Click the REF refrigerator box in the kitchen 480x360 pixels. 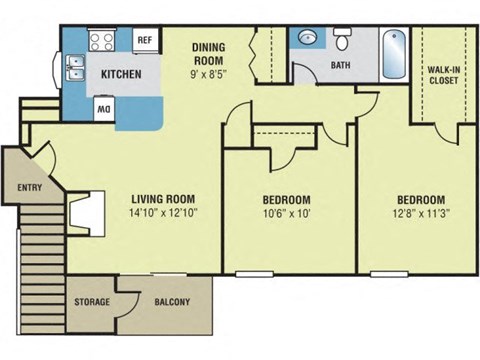click(x=144, y=41)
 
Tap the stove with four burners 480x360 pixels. click(x=103, y=41)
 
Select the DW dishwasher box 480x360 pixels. click(x=103, y=106)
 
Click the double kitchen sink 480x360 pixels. click(x=74, y=71)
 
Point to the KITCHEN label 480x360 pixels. click(x=121, y=75)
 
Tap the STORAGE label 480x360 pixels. click(x=91, y=302)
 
